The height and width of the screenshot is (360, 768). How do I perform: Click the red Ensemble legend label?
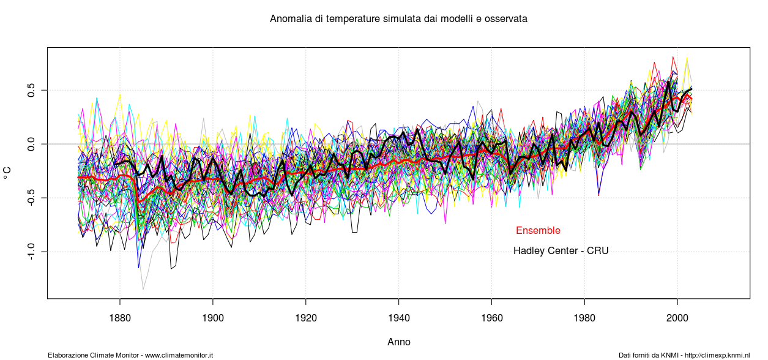point(538,231)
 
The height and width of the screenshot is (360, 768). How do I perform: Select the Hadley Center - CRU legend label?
point(561,250)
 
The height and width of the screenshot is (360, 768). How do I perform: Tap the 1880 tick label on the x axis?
point(120,319)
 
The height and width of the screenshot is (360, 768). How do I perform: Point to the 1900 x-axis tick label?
point(213,319)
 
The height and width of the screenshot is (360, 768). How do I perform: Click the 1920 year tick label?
point(306,319)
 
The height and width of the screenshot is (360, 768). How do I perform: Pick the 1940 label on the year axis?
point(399,319)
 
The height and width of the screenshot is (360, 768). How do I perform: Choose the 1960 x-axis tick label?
point(492,319)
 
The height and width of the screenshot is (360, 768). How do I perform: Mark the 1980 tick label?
point(585,319)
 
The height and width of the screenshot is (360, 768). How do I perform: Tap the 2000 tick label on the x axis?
point(677,319)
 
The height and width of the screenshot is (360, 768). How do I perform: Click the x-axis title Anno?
point(399,342)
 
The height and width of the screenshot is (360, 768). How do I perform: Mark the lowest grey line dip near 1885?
point(143,289)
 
